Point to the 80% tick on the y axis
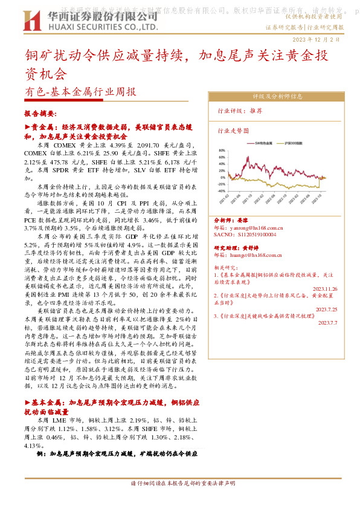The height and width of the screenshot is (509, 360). pos(221,151)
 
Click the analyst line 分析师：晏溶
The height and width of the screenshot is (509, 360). pos(232,221)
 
